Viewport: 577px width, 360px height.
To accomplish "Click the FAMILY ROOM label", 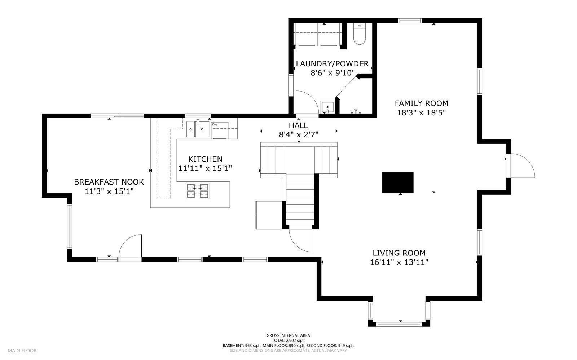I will [x=421, y=103].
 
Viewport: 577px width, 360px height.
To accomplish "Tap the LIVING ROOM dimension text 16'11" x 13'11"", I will [x=399, y=262].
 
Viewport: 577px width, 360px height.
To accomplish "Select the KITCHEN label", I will [x=205, y=159].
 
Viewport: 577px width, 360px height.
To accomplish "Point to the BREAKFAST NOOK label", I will [x=109, y=182].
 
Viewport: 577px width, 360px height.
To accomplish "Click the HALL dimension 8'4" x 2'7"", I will [x=298, y=134].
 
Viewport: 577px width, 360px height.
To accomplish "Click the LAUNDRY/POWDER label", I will [x=332, y=64].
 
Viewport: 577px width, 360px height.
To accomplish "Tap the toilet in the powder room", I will [x=359, y=35].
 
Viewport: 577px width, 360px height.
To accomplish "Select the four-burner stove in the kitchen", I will [x=197, y=191].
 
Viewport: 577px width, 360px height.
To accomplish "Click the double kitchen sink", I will [x=198, y=129].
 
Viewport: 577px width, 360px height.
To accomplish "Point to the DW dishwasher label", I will [x=215, y=125].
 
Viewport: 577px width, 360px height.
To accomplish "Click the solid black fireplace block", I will [x=397, y=182].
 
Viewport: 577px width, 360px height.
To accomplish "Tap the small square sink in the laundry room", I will [x=327, y=107].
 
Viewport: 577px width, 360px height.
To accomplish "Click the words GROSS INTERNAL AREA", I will [x=288, y=335].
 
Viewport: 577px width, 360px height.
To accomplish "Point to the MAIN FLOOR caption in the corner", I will [x=22, y=350].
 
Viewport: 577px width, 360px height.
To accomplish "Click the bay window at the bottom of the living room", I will [x=399, y=324].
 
